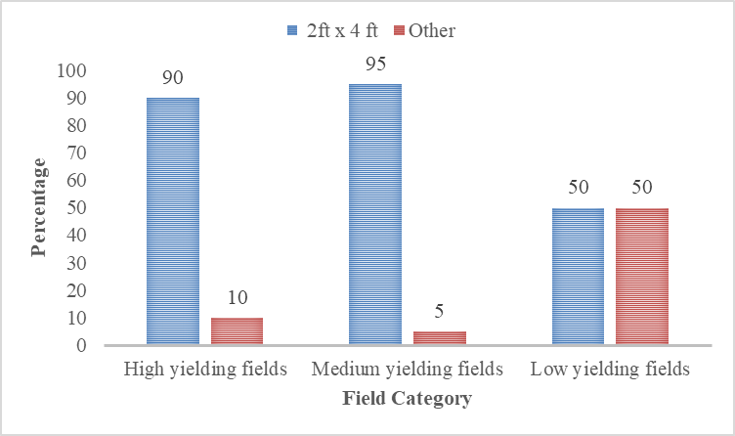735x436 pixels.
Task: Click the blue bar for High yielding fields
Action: [173, 221]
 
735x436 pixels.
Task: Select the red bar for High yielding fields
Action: [238, 331]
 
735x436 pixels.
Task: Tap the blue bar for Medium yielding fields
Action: [375, 214]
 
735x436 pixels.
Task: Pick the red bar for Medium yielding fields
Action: [440, 338]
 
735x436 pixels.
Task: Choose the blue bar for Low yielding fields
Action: [578, 277]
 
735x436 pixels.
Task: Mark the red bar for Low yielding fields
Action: [642, 277]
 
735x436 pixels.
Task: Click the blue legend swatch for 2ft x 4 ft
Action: [290, 31]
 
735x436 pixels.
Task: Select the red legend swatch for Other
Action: [399, 31]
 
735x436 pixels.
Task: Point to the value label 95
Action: [375, 64]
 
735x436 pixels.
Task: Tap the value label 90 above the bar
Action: [173, 77]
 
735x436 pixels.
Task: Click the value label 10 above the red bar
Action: [238, 297]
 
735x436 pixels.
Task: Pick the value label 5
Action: [440, 311]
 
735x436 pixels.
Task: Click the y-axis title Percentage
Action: [38, 207]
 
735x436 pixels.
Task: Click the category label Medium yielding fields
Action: [409, 371]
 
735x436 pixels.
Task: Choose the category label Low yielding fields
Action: [611, 371]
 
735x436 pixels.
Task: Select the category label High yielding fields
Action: [205, 371]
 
